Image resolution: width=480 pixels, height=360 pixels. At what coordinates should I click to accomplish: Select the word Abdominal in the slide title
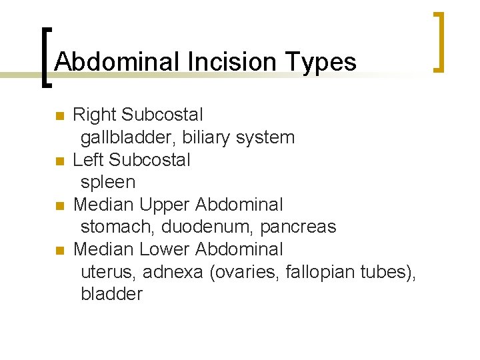point(117,62)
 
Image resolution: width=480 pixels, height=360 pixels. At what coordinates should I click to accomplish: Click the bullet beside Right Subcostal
point(59,116)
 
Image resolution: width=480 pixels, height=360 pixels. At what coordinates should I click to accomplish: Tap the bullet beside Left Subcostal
point(59,161)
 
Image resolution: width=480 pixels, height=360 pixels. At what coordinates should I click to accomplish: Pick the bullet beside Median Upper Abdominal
point(59,205)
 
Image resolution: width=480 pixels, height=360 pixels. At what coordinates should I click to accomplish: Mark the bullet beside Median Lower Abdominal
point(59,250)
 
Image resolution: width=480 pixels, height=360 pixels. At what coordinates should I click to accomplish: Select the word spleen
point(108,183)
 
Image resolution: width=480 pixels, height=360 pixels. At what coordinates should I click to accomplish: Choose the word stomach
point(117,227)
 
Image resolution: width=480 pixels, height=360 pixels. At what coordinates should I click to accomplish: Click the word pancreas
point(298,227)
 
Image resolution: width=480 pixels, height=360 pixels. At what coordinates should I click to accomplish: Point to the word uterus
point(107,272)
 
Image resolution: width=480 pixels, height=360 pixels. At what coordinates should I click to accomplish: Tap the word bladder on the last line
point(111,294)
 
